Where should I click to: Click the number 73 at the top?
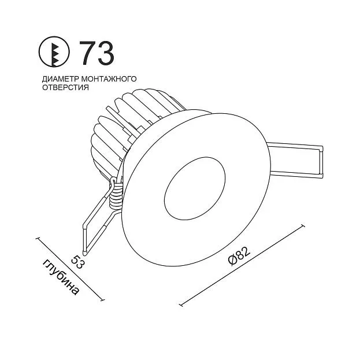tap(97, 53)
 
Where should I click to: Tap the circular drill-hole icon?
tap(54, 52)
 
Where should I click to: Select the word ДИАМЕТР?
tap(61, 79)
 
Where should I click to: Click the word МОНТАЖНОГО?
tap(109, 79)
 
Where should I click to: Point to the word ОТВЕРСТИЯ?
tap(65, 87)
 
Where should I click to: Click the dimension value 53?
tap(77, 262)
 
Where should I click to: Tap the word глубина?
tap(62, 277)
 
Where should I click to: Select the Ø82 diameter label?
tap(239, 257)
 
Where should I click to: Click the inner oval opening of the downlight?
tap(195, 188)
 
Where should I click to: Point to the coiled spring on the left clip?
tap(115, 194)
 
